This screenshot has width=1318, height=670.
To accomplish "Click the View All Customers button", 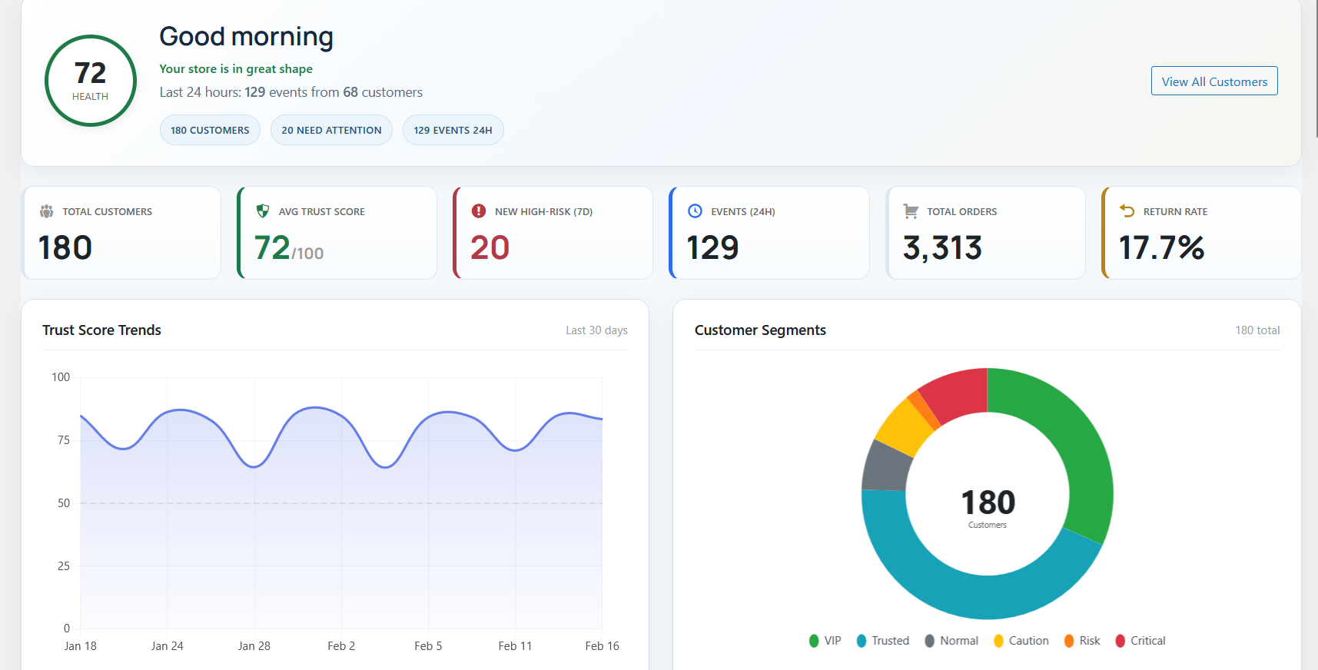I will click(1213, 81).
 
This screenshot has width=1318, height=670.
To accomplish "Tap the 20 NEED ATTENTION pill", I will click(331, 130).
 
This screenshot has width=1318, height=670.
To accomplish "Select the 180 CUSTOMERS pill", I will click(210, 130).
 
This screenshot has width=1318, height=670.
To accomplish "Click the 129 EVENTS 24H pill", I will click(453, 130).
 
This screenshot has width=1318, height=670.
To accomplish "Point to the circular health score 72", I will click(91, 81).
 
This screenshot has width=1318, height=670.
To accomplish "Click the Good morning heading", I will click(246, 37).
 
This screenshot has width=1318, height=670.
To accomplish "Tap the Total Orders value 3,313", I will click(942, 248).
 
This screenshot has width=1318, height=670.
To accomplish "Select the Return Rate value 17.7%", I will click(1161, 248).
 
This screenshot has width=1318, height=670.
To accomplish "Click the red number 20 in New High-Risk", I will click(490, 248).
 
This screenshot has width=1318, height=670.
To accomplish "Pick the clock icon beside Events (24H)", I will click(695, 211).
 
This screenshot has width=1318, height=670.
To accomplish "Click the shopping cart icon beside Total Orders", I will click(911, 211).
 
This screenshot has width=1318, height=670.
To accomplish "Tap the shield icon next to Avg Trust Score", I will click(263, 211).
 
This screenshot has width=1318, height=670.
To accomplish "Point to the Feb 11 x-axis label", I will click(515, 646).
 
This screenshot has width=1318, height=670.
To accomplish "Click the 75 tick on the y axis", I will click(64, 440).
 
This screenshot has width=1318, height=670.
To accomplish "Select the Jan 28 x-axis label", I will click(254, 646).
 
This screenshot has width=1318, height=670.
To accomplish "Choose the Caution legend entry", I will click(1021, 641).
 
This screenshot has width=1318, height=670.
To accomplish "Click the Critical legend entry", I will click(1140, 641).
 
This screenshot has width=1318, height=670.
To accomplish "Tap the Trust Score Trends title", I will click(101, 330).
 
